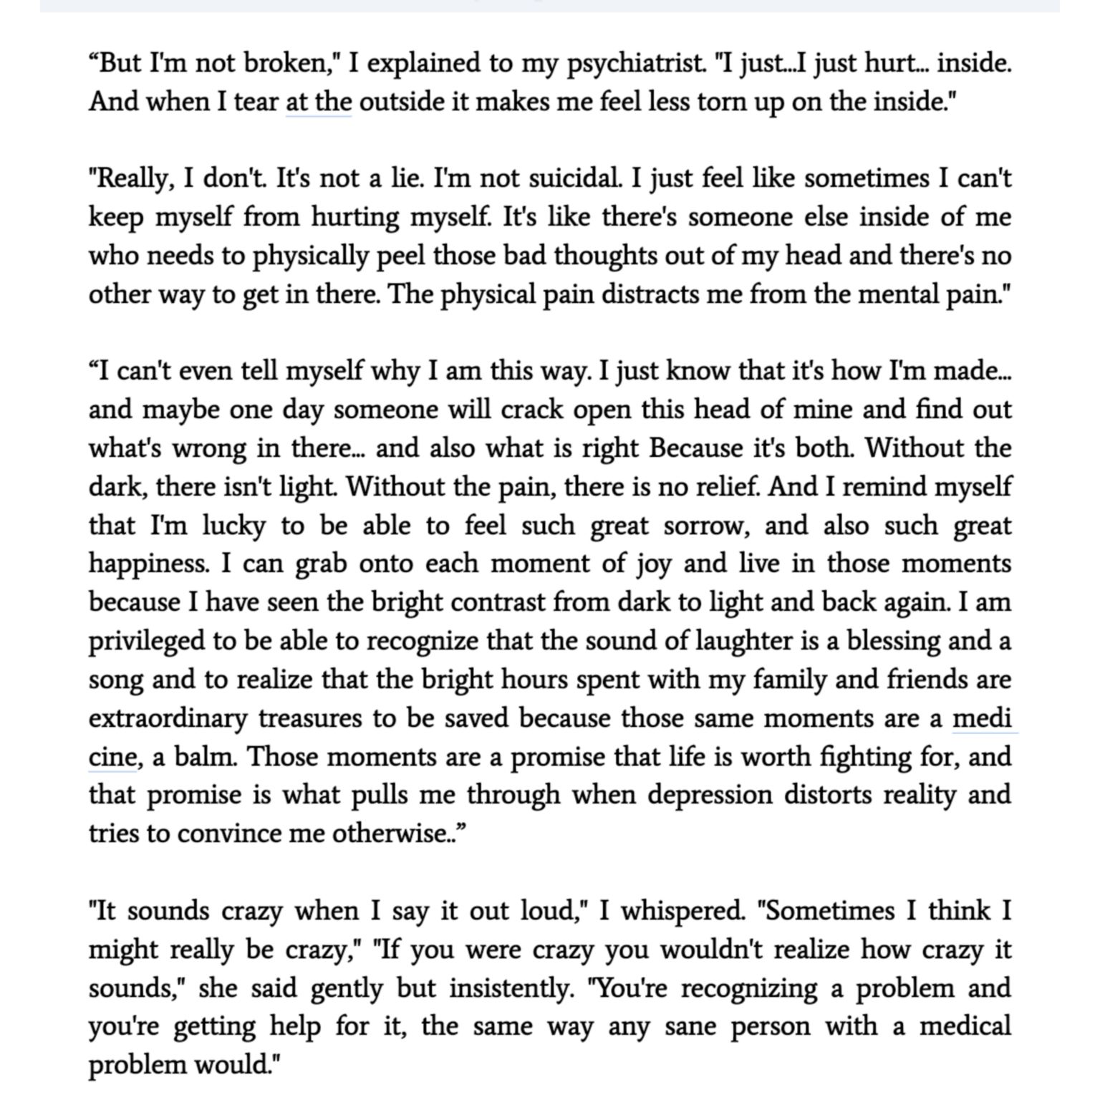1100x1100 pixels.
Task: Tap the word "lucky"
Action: tap(233, 526)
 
